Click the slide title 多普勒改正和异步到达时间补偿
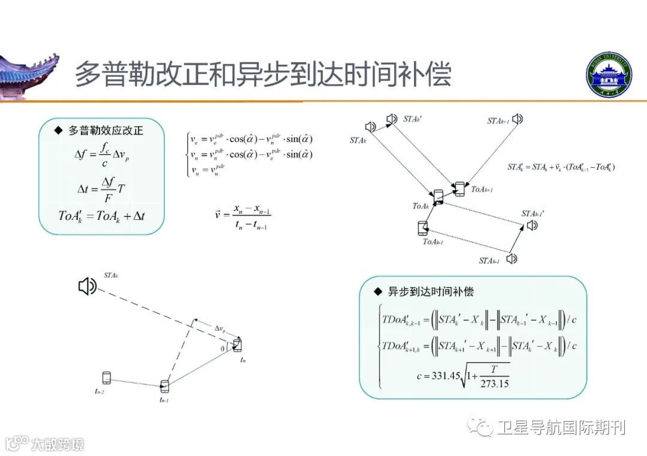(x=262, y=74)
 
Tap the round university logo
(x=609, y=76)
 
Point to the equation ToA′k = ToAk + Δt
(x=102, y=215)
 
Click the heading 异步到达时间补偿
(x=430, y=292)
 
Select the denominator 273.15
(x=494, y=383)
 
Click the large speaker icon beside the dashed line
(x=87, y=287)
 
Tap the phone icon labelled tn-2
(x=107, y=378)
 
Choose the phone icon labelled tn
(x=238, y=345)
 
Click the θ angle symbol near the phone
(x=223, y=348)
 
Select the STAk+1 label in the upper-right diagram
(x=498, y=120)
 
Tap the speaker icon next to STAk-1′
(x=532, y=226)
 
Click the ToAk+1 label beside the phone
(x=482, y=189)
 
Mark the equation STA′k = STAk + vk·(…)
(x=561, y=167)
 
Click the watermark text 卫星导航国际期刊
(x=561, y=427)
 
